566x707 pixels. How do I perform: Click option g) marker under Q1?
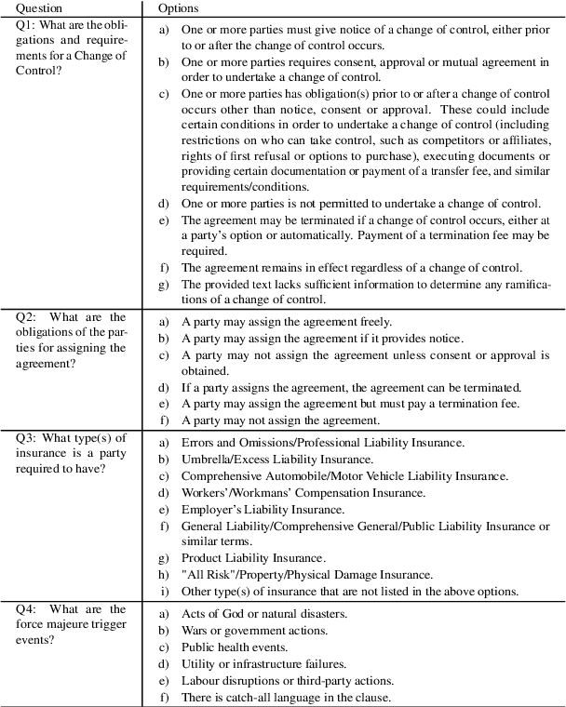(x=163, y=284)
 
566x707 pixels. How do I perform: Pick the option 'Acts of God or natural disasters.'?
(x=264, y=614)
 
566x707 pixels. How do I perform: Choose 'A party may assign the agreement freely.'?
(x=278, y=322)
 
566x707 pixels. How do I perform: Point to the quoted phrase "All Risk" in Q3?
(x=206, y=575)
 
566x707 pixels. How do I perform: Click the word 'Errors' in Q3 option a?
(x=198, y=443)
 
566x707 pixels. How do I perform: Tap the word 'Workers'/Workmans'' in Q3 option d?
(x=232, y=493)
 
